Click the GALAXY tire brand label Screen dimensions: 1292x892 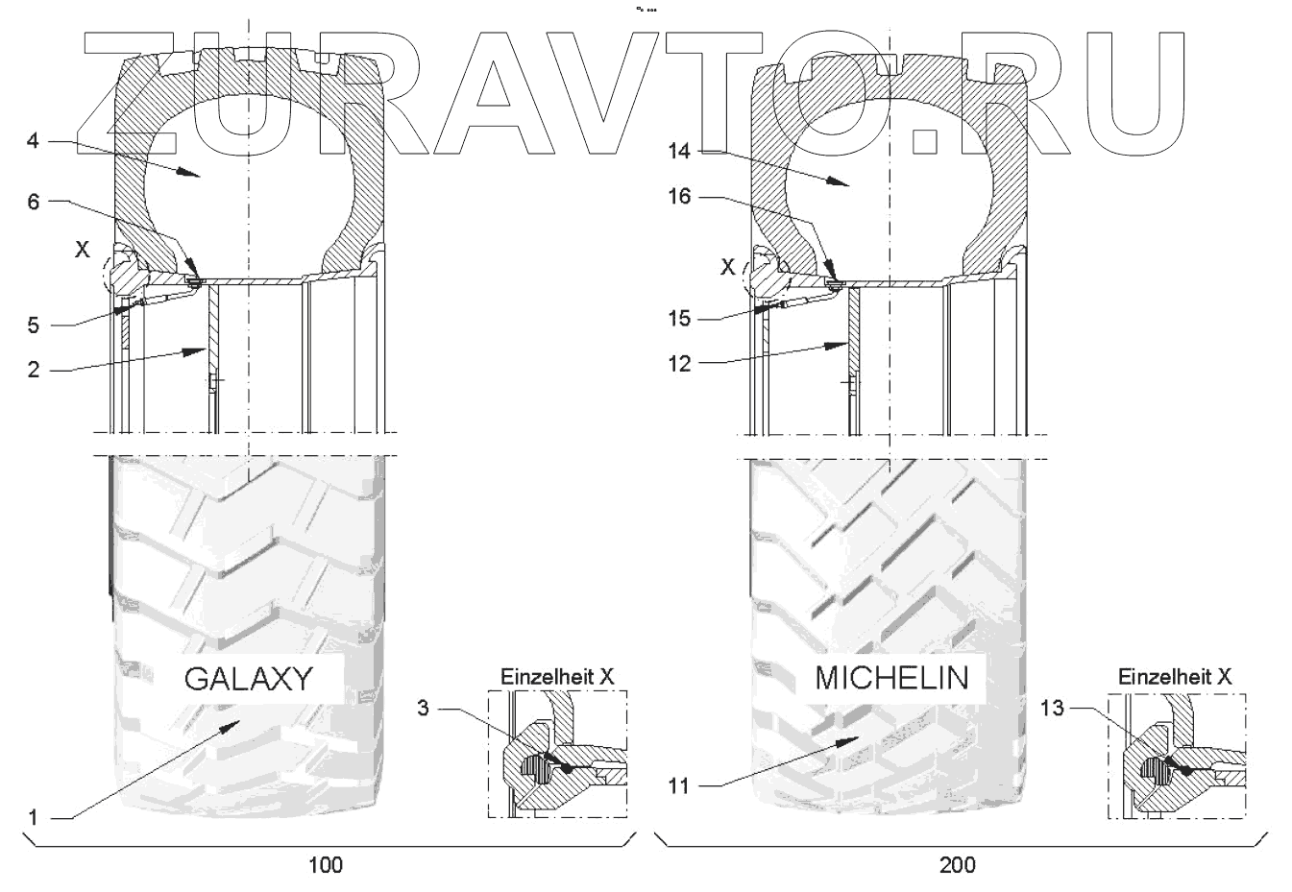coord(248,679)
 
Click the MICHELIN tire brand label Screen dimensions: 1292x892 coord(891,678)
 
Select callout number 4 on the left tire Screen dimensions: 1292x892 coord(33,141)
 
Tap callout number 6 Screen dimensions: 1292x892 coord(34,202)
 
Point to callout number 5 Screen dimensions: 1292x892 coord(34,325)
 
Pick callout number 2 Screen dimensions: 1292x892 coord(34,370)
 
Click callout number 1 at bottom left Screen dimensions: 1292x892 coord(33,817)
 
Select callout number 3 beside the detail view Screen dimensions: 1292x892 coord(423,708)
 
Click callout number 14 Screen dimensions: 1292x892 coord(679,151)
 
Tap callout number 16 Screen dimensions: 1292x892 coord(679,197)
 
